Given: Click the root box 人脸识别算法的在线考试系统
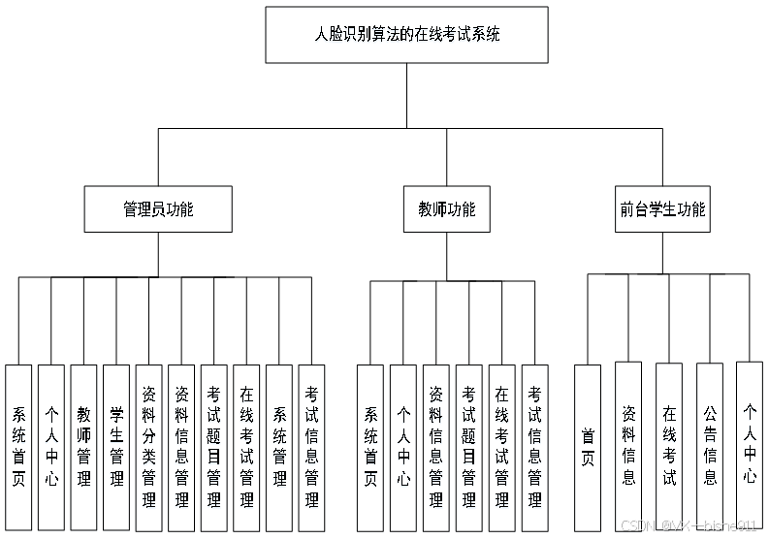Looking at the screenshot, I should point(406,35).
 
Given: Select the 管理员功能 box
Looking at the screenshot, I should point(157,209).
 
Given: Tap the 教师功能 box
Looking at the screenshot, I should point(447,209).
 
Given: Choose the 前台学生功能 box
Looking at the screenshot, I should point(663,209).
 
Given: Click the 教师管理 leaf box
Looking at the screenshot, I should point(83,447).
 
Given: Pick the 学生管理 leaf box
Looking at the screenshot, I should point(116,447).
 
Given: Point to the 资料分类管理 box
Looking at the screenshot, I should point(148,447).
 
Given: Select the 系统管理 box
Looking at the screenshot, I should point(279,447).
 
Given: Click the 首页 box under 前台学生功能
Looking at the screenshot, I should point(588,447).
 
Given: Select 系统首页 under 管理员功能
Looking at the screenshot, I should point(18,447).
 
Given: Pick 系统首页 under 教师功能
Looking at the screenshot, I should point(370,447).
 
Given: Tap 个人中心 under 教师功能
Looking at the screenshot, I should point(403,447).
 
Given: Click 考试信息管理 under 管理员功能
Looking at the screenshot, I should point(311,447).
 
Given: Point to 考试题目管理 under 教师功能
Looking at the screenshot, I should point(469,447).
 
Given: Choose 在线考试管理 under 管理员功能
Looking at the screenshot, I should point(246,447).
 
